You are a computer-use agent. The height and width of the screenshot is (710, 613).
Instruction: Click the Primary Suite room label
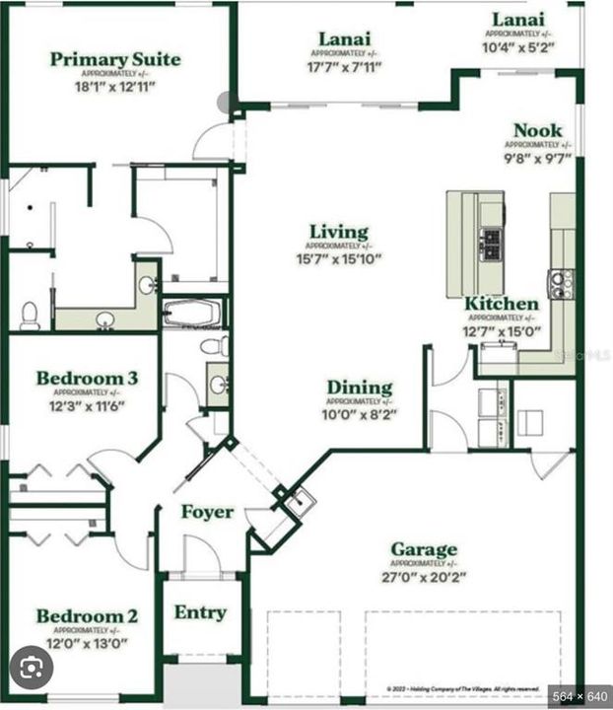pyautogui.click(x=115, y=59)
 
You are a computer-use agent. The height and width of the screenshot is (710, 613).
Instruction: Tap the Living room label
pyautogui.click(x=338, y=233)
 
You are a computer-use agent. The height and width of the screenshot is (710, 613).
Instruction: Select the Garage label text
pyautogui.click(x=424, y=549)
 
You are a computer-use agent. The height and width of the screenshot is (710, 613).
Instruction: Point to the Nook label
pyautogui.click(x=538, y=130)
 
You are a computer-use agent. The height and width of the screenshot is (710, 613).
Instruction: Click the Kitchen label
pyautogui.click(x=502, y=304)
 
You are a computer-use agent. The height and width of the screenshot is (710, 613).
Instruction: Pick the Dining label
pyautogui.click(x=360, y=388)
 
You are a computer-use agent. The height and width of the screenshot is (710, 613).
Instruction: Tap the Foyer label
pyautogui.click(x=207, y=512)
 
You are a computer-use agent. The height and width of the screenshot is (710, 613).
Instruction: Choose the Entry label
pyautogui.click(x=200, y=612)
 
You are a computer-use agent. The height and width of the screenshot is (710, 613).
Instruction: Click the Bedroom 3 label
pyautogui.click(x=87, y=378)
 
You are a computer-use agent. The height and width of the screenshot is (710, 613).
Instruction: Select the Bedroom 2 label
pyautogui.click(x=87, y=617)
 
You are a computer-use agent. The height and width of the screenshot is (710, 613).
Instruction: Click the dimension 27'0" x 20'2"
pyautogui.click(x=423, y=577)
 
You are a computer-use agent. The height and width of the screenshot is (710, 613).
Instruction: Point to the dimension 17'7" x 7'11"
pyautogui.click(x=344, y=68)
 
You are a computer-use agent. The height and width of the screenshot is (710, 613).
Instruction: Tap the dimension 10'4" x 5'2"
pyautogui.click(x=519, y=46)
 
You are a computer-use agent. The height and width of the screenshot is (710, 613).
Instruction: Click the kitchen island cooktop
pyautogui.click(x=490, y=240)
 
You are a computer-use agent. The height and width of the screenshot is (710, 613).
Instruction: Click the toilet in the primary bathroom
pyautogui.click(x=30, y=315)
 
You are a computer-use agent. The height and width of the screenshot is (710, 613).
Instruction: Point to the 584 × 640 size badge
pyautogui.click(x=579, y=696)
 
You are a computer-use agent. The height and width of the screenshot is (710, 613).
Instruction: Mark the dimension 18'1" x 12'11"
pyautogui.click(x=115, y=86)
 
